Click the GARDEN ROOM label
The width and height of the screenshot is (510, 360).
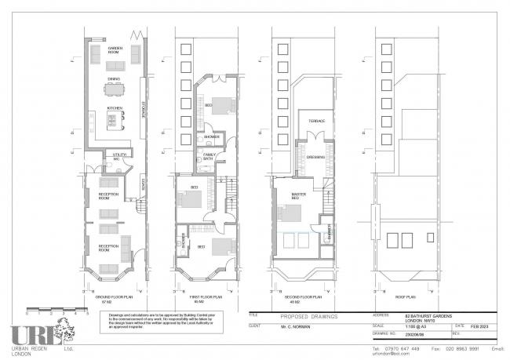tap(115, 49)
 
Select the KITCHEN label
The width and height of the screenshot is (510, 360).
tap(115, 108)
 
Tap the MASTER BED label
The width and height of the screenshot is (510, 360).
tap(299, 195)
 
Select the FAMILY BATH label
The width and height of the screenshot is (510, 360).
tap(210, 158)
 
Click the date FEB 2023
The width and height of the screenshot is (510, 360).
tap(478, 325)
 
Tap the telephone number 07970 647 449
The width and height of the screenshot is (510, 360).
tap(406, 347)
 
